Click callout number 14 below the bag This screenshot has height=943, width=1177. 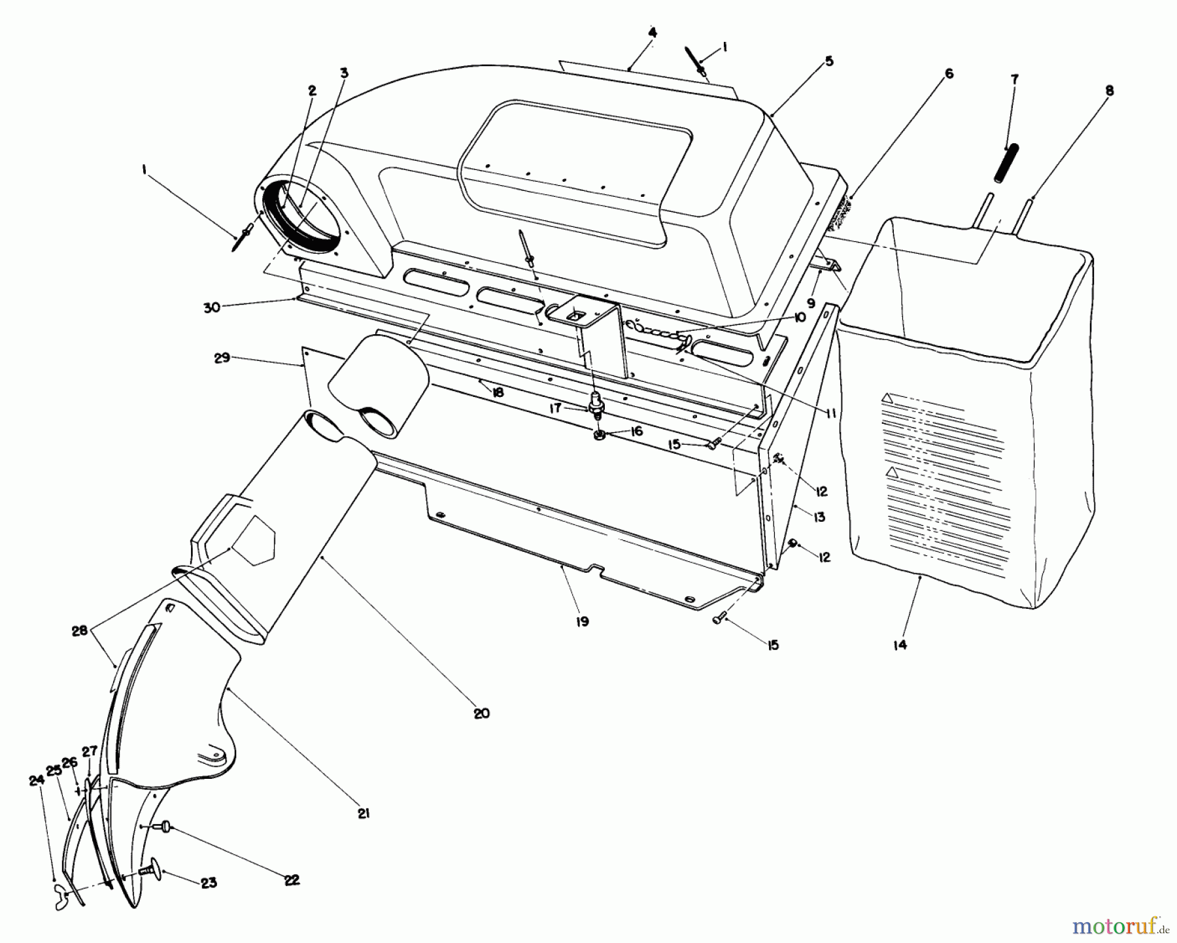point(900,645)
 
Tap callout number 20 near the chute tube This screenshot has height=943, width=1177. point(481,713)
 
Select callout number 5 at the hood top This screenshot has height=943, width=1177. point(828,61)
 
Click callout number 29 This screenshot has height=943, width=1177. point(222,358)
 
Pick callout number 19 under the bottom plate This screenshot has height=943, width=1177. point(582,621)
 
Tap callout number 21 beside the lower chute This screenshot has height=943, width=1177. point(364,813)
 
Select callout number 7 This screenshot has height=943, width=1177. point(1014,79)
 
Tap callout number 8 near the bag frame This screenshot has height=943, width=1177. point(1109,91)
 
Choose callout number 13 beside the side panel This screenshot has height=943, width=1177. point(819,517)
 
